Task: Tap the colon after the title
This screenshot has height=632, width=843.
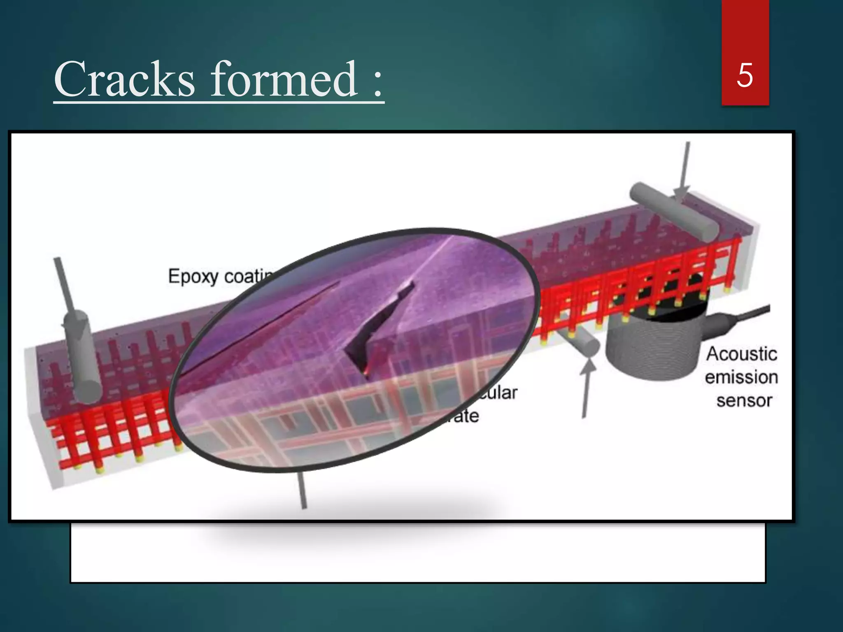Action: [x=378, y=84]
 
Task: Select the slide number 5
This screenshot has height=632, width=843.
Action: [x=745, y=75]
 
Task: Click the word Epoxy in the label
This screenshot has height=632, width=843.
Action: [x=193, y=276]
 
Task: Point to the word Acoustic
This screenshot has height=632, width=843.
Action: [x=741, y=354]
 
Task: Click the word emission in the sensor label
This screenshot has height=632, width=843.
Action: [x=741, y=377]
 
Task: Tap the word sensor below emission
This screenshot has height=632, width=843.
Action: [x=744, y=400]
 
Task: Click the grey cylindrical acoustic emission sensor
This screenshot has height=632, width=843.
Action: [x=654, y=346]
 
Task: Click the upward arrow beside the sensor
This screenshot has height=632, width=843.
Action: [x=586, y=387]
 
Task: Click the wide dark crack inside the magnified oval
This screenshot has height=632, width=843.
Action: [x=379, y=325]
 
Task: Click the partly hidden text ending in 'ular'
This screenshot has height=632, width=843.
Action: [x=500, y=393]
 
